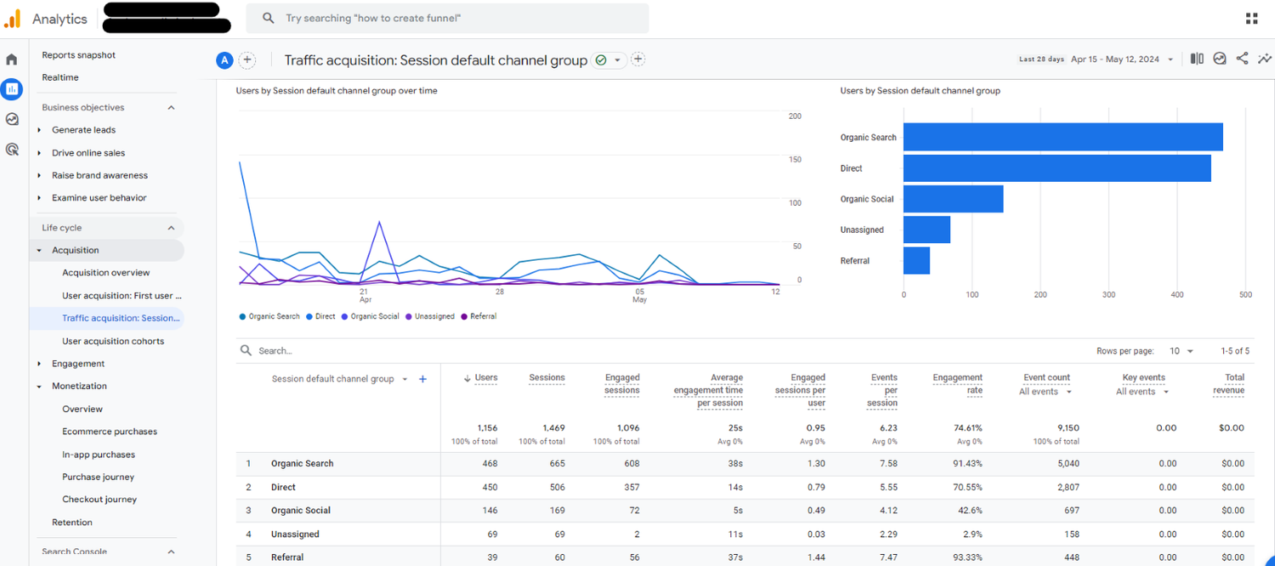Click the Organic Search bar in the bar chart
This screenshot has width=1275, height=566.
pos(1062,137)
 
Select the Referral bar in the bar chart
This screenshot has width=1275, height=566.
pos(916,261)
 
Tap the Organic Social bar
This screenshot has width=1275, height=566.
pos(953,199)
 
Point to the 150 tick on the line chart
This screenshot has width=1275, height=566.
pos(795,160)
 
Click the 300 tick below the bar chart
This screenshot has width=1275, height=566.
pos(1108,295)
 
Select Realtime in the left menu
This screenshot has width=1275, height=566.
pos(60,77)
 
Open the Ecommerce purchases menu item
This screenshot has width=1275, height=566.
pos(110,432)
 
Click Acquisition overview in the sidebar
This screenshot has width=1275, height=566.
pos(106,273)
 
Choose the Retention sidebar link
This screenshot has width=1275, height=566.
pos(72,523)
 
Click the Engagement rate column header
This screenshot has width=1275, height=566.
pos(957,384)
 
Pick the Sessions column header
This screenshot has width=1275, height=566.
pos(547,377)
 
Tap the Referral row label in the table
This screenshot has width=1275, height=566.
pos(287,558)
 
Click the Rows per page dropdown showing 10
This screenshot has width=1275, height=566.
pos(1181,351)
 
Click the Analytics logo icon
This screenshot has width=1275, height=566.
pos(12,18)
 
